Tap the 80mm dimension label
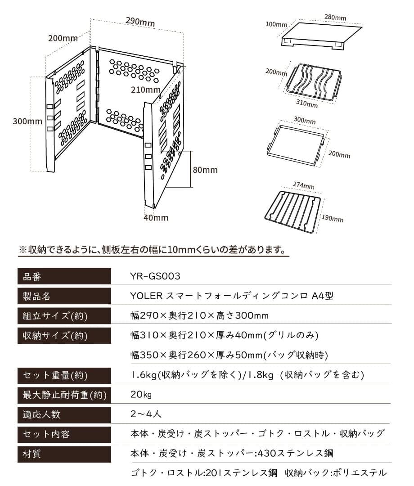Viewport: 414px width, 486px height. point(205,170)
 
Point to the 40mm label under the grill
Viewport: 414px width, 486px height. point(156,218)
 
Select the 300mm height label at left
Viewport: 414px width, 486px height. point(27,121)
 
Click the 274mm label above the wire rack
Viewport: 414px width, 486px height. point(304,186)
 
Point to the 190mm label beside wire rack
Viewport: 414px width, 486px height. point(333,219)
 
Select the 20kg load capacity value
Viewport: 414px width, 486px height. point(141,395)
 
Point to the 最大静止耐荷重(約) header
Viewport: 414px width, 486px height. point(63,395)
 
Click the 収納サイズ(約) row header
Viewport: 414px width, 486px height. point(63,335)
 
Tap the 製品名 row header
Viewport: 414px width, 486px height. point(63,296)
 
